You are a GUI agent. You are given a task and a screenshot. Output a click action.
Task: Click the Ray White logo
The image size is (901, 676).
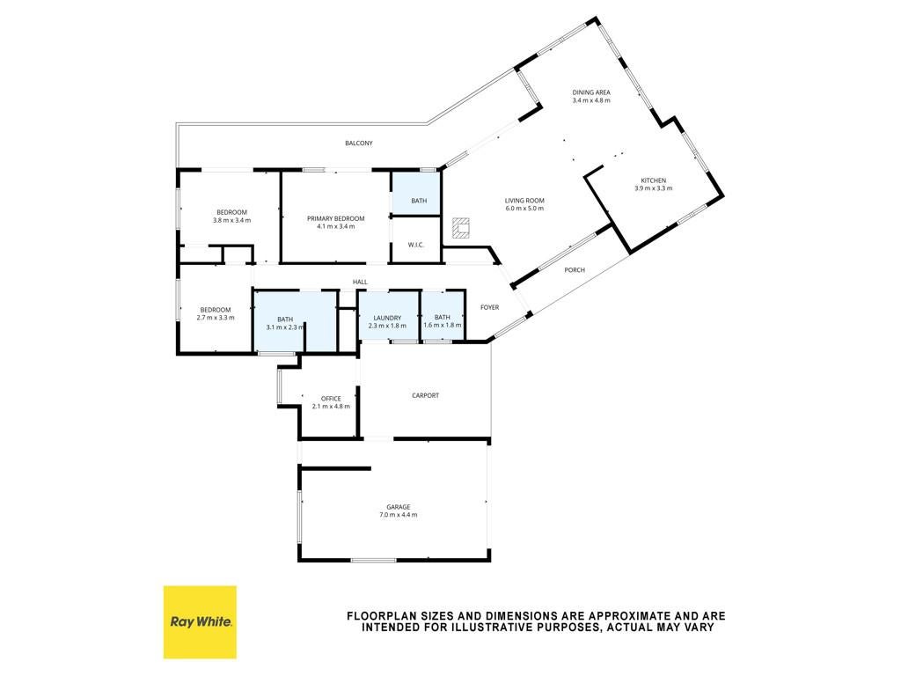200,622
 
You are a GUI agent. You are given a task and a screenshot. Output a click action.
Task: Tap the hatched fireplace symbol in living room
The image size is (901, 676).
461,228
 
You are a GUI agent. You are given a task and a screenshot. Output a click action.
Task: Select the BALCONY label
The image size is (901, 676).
359,143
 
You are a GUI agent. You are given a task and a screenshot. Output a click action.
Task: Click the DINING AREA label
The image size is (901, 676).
591,92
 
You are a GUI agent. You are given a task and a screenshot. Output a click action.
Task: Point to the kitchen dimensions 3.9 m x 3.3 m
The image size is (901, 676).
654,188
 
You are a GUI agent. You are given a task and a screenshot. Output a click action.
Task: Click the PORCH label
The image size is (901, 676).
575,270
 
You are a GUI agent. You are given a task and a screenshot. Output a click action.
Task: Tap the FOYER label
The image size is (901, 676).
489,307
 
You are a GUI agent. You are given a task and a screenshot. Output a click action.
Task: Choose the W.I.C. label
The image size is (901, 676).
416,245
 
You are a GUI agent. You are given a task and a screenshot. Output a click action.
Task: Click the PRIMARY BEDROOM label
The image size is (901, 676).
335,218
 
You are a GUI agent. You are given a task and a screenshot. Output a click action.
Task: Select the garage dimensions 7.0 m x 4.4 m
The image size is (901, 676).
399,515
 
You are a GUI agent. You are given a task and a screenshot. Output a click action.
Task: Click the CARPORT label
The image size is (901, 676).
425,395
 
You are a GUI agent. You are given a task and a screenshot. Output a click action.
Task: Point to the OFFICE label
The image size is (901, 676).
331,399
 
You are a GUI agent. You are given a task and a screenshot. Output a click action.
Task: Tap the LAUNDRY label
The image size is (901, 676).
387,318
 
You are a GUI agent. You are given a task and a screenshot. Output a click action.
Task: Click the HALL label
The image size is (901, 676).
360,283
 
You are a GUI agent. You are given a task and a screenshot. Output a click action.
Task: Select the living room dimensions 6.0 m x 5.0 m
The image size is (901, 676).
524,208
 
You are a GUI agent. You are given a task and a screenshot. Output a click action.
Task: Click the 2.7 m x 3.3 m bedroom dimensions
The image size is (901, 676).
216,317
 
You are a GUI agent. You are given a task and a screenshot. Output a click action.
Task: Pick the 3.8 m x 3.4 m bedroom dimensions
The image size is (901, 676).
231,220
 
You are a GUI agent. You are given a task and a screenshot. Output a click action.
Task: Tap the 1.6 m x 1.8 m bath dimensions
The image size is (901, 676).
443,326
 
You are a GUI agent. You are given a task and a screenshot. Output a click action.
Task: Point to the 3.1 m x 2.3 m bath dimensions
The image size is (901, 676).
285,327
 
